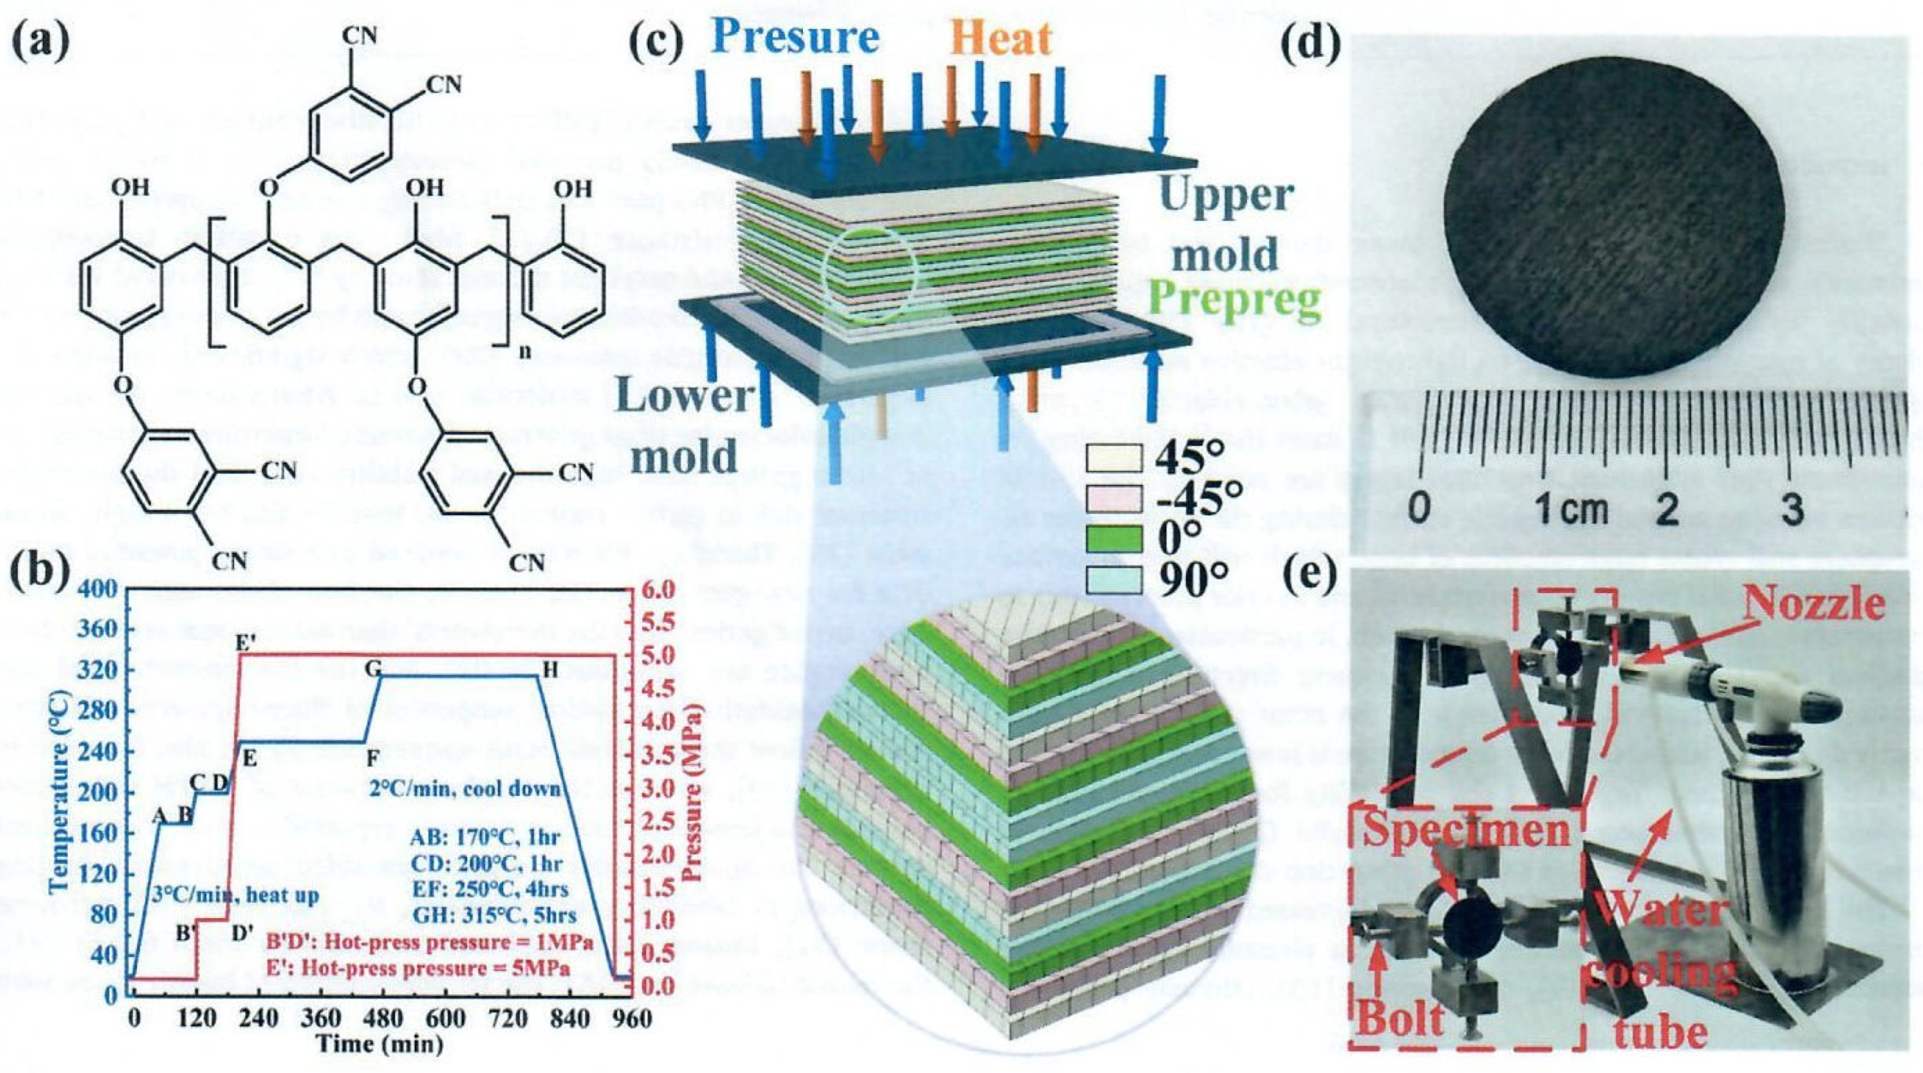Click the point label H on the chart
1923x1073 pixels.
(550, 671)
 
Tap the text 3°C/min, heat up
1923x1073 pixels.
(235, 895)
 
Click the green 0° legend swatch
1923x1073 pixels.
(1115, 538)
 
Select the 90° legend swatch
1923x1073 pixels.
(1115, 578)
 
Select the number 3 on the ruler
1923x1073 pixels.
(1792, 511)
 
